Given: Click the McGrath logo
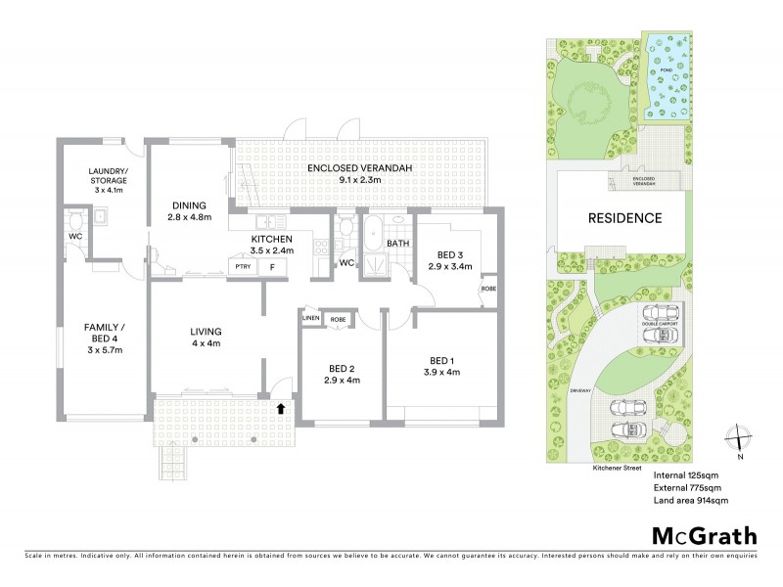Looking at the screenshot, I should click(704, 535).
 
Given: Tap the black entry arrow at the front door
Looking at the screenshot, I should click(283, 408).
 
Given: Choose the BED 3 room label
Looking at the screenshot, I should click(447, 259).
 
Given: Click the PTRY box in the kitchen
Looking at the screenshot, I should click(240, 266).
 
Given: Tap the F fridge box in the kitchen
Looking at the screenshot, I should click(272, 266).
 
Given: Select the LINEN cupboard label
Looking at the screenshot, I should click(311, 319).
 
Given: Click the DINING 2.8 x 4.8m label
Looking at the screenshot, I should click(187, 209).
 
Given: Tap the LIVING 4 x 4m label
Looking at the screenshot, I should click(206, 338).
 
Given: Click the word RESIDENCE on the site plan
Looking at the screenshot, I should click(623, 218).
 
